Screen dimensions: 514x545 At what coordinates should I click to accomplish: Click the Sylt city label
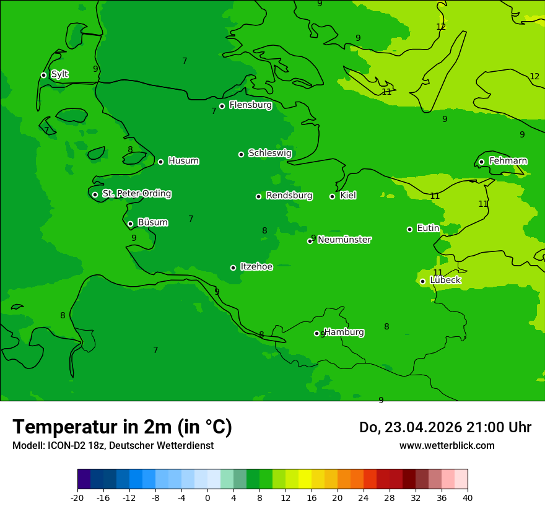click(x=59, y=74)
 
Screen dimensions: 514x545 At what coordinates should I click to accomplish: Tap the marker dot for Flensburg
click(x=222, y=106)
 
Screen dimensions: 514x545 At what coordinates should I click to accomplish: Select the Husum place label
click(x=183, y=161)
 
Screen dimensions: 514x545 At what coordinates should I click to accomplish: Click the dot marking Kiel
click(x=332, y=196)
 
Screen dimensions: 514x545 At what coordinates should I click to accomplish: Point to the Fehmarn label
click(x=508, y=161)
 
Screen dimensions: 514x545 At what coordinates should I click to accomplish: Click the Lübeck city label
click(x=445, y=280)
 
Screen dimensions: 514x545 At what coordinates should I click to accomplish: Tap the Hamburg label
click(x=344, y=332)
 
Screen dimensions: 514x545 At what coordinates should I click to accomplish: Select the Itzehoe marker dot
click(x=233, y=268)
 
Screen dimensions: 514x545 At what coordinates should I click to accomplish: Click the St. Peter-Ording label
click(x=136, y=193)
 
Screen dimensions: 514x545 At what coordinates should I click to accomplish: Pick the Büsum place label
click(x=152, y=222)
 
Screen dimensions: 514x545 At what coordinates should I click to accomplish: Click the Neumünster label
click(x=344, y=240)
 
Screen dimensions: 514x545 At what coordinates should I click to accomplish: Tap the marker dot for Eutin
click(x=409, y=229)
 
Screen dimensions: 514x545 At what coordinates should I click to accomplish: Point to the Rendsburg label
click(x=289, y=196)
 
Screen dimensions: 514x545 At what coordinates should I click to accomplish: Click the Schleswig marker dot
click(x=241, y=154)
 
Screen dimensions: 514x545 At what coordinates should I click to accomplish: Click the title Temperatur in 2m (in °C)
click(x=122, y=427)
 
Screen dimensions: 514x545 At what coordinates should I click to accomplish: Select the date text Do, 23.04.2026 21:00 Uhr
click(x=445, y=427)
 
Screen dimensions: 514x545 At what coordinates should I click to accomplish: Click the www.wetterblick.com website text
click(x=447, y=445)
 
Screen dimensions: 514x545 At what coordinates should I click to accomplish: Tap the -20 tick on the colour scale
click(x=77, y=497)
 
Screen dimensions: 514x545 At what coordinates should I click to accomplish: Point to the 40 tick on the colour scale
click(x=468, y=497)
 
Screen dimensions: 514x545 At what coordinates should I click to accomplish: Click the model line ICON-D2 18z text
click(x=113, y=445)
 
